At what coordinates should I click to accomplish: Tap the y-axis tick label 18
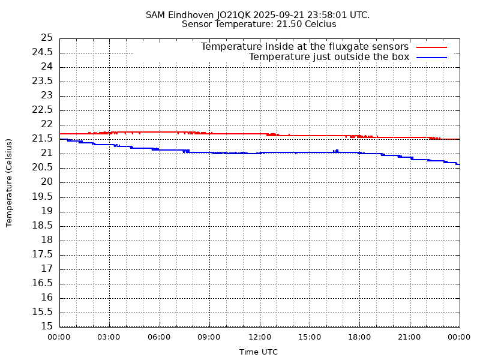tap(47, 240)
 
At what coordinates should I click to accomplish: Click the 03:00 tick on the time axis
tap(109, 337)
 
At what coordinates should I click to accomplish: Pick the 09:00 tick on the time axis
tap(209, 337)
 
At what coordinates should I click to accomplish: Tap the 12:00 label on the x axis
tap(259, 337)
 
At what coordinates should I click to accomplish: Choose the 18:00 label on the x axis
tap(359, 337)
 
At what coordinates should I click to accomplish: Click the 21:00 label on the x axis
tap(409, 337)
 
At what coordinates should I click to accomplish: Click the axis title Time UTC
tap(259, 352)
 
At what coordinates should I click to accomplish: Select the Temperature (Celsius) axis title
tap(9, 182)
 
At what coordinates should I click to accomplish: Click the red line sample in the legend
tap(432, 47)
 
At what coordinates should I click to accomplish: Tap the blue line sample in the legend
tap(432, 57)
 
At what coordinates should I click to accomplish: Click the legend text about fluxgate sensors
tap(305, 47)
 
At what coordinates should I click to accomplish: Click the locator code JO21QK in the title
tap(237, 14)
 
